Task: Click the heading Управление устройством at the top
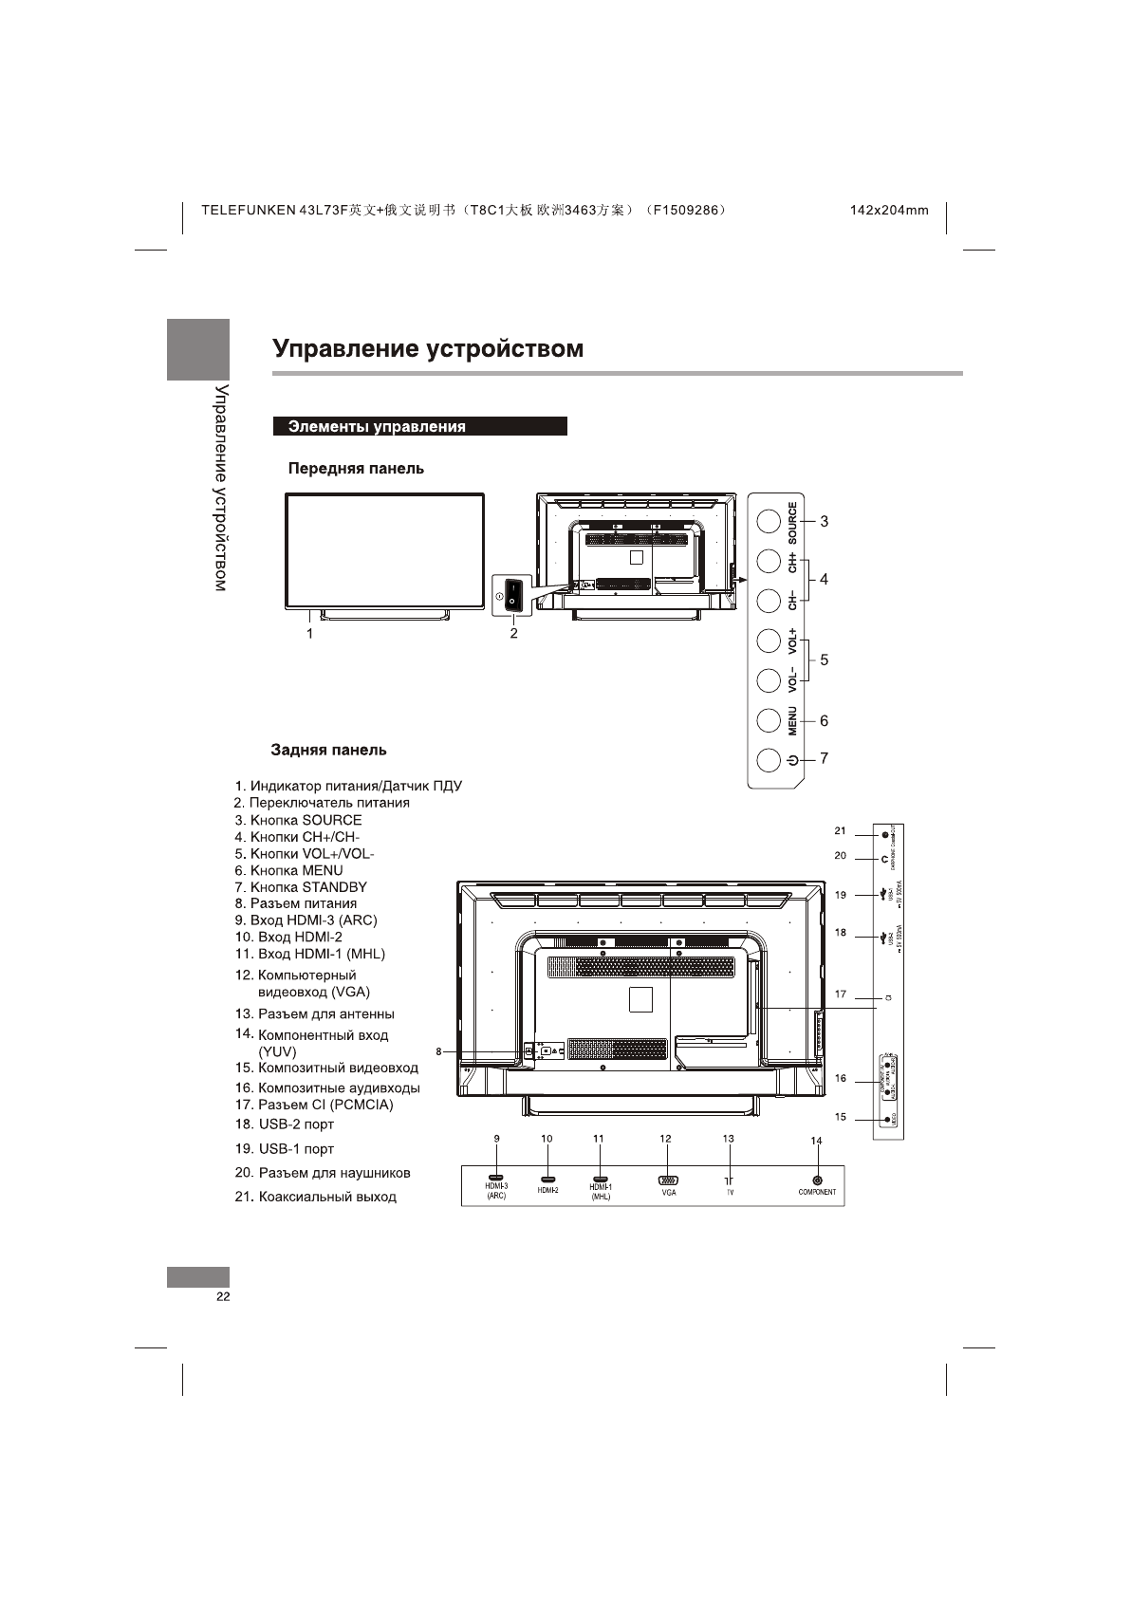428,348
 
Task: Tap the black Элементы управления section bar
419,427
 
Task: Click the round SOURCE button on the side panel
769,521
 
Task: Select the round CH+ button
769,561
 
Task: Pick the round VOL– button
769,680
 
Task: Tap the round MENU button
769,721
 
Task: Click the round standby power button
769,760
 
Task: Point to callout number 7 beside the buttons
824,758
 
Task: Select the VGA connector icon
668,1180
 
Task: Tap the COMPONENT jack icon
816,1180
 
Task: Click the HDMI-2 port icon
547,1178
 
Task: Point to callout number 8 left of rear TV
438,1051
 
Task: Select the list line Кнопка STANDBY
301,887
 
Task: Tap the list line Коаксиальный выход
316,1197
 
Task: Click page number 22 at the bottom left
222,1297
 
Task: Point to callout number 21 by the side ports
840,830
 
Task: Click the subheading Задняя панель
328,750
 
